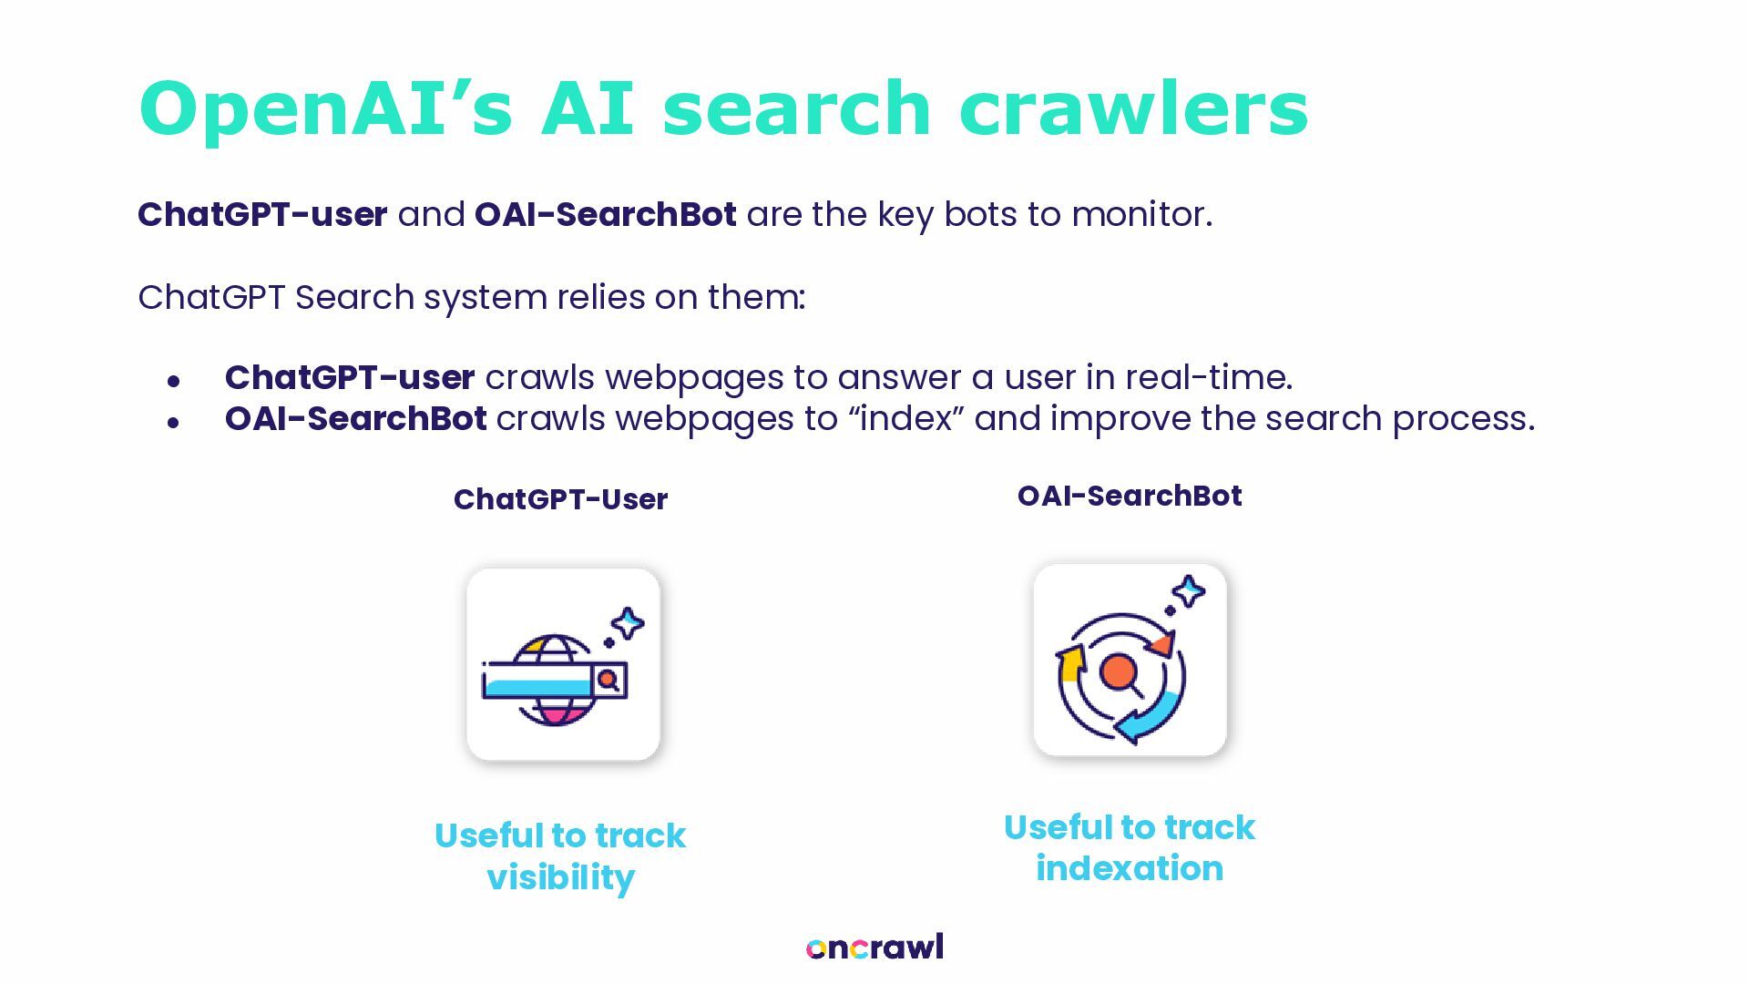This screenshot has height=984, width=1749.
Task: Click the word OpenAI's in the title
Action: click(x=325, y=109)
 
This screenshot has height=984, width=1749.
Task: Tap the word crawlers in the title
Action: click(x=1133, y=109)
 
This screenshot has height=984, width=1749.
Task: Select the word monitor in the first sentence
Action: click(x=1140, y=215)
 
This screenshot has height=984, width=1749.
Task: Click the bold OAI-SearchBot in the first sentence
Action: click(x=605, y=215)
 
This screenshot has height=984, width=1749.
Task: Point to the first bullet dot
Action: click(x=173, y=382)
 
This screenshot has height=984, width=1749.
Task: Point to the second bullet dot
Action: click(x=173, y=423)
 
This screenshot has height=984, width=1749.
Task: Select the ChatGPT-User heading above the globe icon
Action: click(x=560, y=499)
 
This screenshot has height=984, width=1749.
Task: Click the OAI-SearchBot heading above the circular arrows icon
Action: click(x=1130, y=496)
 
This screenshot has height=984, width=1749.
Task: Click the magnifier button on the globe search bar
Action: click(x=609, y=680)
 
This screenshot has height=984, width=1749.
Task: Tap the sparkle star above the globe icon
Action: click(x=628, y=624)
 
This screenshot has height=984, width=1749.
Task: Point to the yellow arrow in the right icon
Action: click(x=1069, y=661)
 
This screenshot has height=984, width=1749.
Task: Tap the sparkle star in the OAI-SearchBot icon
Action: click(x=1188, y=592)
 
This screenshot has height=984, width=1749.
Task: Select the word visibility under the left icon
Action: click(x=560, y=877)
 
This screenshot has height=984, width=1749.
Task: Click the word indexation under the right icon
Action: click(x=1130, y=868)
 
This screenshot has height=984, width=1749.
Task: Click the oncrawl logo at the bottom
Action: click(x=874, y=948)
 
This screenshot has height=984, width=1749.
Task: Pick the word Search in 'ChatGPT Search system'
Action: click(x=354, y=298)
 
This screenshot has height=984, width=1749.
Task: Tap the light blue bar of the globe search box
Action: click(x=537, y=685)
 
